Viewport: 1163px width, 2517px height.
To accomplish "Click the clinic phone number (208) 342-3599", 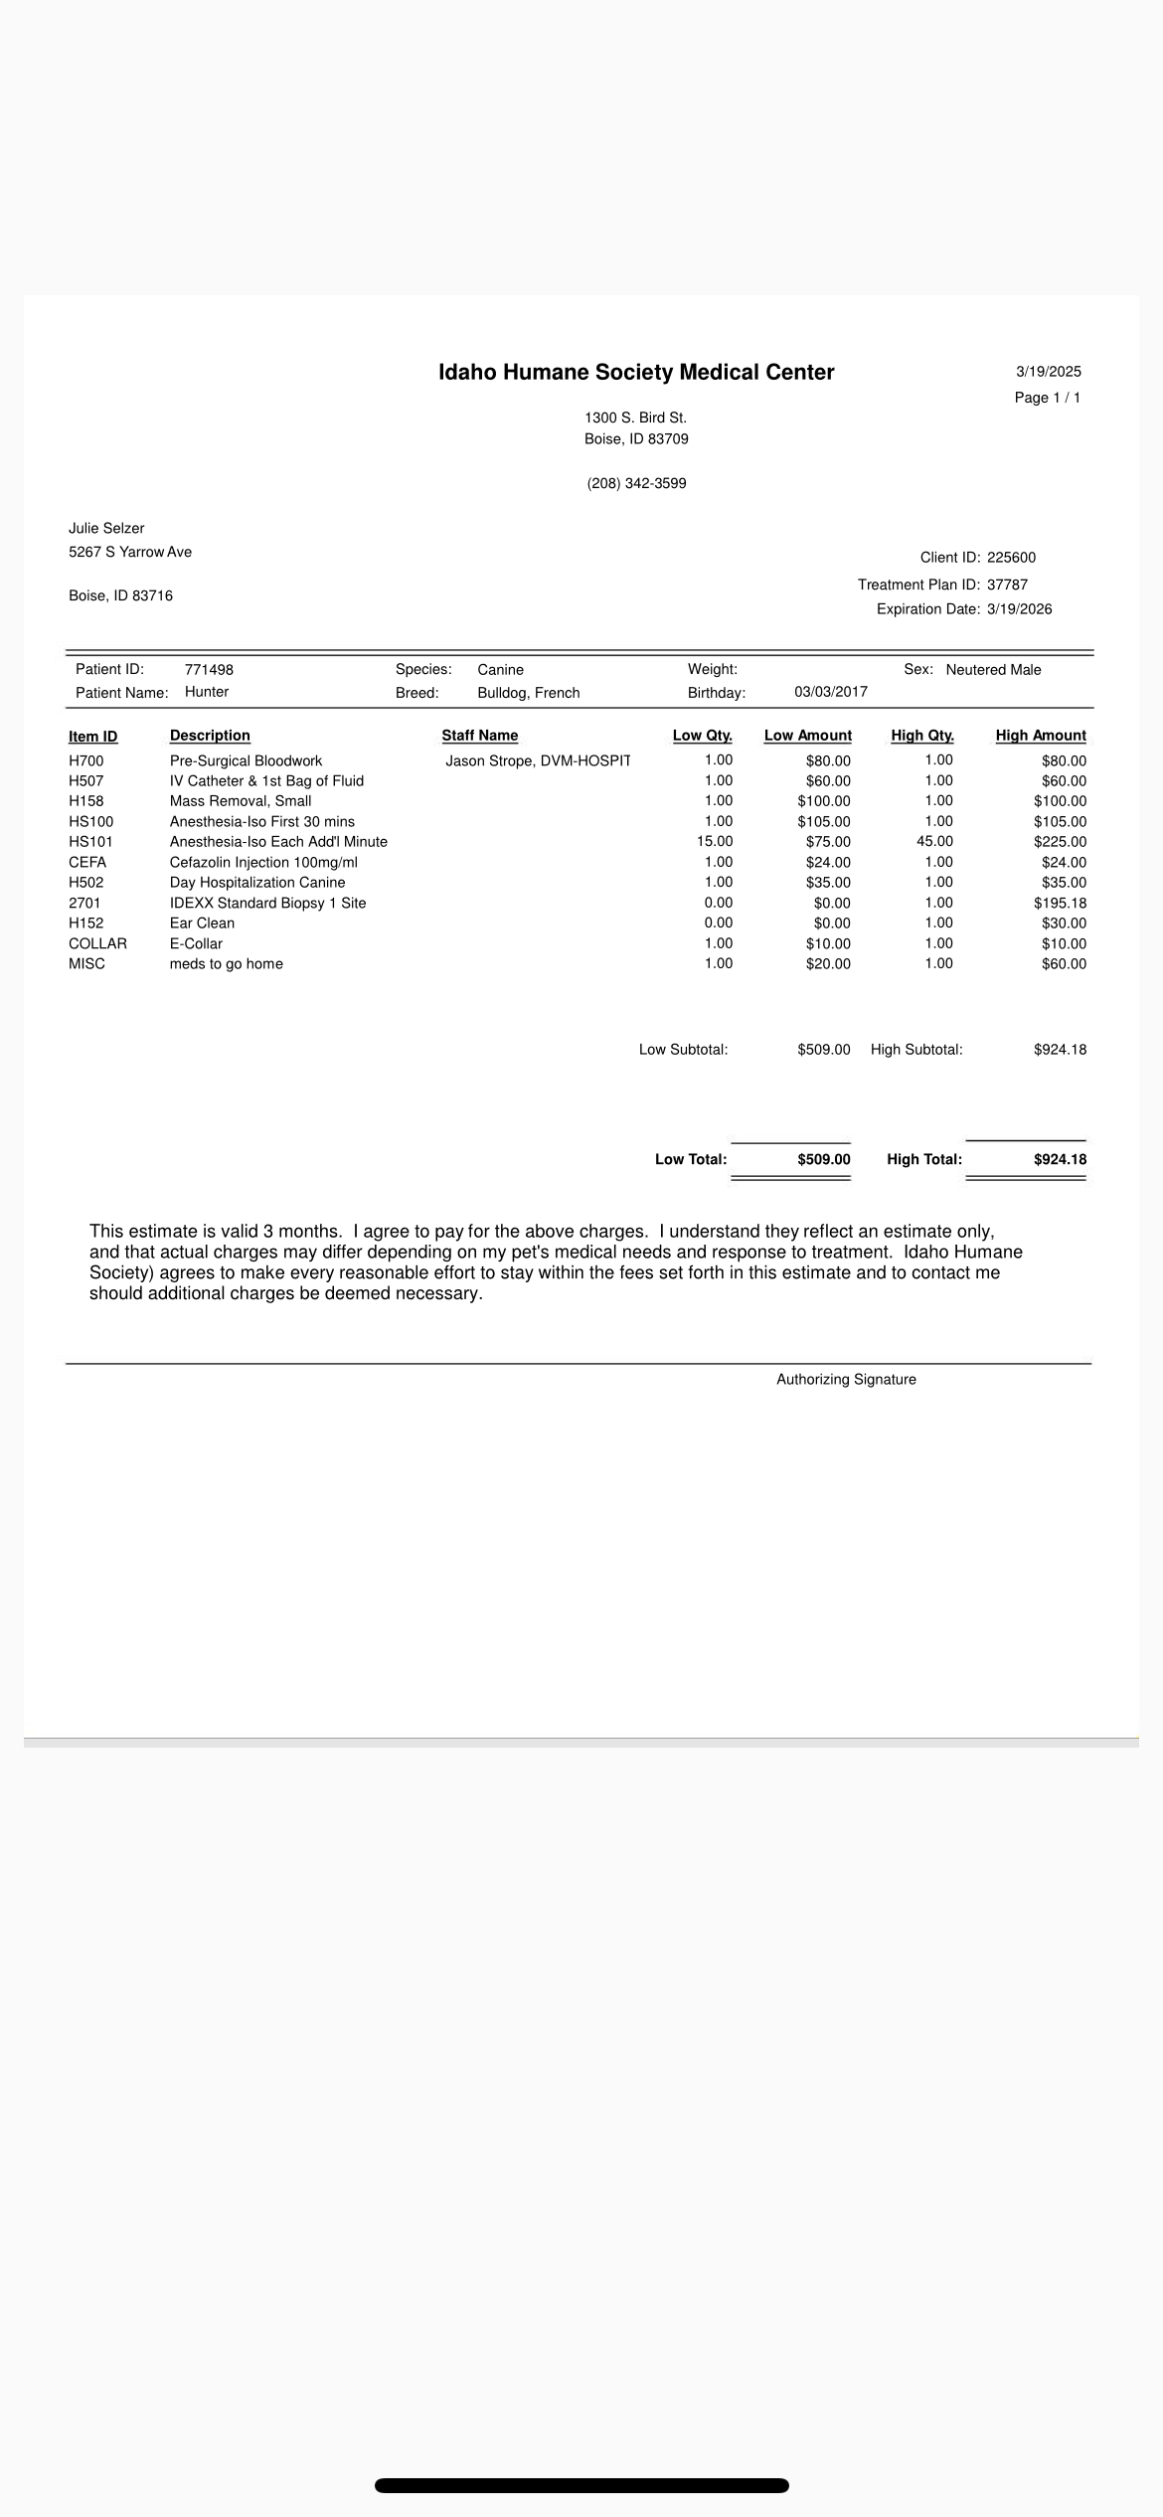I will [636, 484].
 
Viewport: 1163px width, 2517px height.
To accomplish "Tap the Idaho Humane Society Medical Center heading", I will [636, 373].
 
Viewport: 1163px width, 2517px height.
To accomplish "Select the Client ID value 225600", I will [1011, 558].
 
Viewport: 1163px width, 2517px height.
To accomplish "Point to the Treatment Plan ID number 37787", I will [1007, 585].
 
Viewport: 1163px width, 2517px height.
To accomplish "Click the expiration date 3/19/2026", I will [1019, 609].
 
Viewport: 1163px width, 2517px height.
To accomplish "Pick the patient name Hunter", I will [207, 692].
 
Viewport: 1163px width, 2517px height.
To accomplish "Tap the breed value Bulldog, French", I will [528, 693].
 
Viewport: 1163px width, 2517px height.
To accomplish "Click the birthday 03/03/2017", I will [830, 692].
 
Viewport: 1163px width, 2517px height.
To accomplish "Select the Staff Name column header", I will [480, 736].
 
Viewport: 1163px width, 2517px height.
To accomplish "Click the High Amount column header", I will [1040, 736].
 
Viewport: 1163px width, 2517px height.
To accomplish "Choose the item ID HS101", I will [90, 842].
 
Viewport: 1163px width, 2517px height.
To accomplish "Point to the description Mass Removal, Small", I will [241, 801].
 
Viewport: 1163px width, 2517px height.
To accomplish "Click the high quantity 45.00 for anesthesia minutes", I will [934, 842].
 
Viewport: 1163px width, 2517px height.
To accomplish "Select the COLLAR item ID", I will [97, 944].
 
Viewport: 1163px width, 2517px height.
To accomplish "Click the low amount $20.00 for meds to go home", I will [828, 964].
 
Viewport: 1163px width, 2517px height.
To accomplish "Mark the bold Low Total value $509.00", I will [823, 1160].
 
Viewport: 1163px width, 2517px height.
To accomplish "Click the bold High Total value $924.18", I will [1060, 1160].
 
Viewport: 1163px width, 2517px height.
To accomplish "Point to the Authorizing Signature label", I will [846, 1380].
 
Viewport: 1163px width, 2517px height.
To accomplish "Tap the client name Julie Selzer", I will [106, 529].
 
